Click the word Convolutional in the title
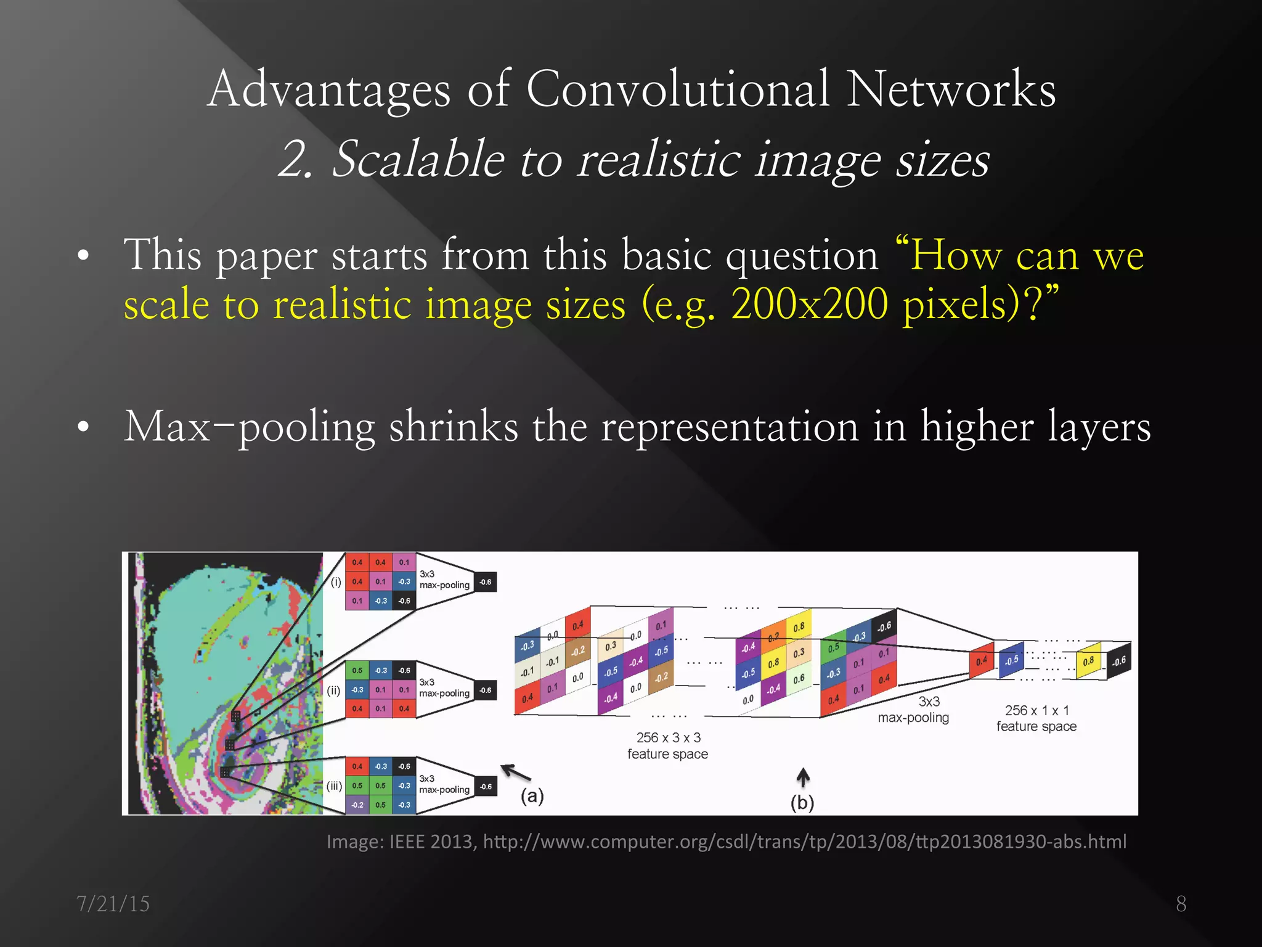coord(678,89)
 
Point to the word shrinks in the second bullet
coord(454,427)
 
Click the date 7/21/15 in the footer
coord(113,904)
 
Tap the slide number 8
coord(1181,904)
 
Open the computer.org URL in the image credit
coord(804,842)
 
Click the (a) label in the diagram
coord(532,796)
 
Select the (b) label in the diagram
coord(802,803)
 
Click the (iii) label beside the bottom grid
coord(334,786)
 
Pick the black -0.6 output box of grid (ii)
coord(486,691)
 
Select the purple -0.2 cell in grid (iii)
coord(357,805)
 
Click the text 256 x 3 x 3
coord(668,738)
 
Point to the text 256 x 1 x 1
coord(1036,711)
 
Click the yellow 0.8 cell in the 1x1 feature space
coord(1088,662)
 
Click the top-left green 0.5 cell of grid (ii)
coord(357,671)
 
